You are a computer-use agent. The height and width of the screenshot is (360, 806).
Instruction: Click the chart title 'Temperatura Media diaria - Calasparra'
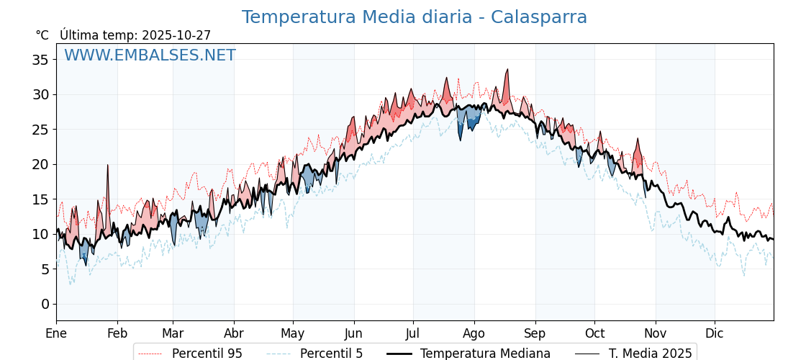click(x=414, y=17)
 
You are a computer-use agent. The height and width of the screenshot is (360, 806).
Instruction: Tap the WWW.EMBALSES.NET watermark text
click(x=150, y=55)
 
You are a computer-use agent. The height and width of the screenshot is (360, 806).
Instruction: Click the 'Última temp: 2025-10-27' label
click(x=135, y=35)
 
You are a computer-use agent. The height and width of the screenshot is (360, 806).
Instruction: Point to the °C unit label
click(x=42, y=35)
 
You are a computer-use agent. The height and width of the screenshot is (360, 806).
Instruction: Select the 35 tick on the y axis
click(x=40, y=60)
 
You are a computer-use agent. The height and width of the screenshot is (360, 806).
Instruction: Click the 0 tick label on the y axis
click(x=45, y=304)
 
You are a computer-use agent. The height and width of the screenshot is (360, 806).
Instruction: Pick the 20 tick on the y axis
click(x=40, y=164)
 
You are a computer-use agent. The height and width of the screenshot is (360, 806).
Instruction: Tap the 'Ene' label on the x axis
click(x=56, y=334)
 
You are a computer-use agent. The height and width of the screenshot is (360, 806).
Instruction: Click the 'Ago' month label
click(x=474, y=334)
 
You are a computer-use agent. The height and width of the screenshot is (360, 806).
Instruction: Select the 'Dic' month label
click(x=715, y=334)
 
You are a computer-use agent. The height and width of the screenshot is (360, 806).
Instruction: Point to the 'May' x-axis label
click(x=293, y=334)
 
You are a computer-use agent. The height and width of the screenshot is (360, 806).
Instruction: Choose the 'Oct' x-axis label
click(x=594, y=334)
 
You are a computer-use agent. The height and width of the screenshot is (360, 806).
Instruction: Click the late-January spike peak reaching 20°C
click(x=108, y=165)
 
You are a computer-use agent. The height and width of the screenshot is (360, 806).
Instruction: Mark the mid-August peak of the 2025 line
click(x=507, y=70)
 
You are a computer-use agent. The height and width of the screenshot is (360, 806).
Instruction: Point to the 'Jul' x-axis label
click(x=413, y=334)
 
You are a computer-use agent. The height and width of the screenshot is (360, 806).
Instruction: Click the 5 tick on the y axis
click(x=45, y=269)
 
